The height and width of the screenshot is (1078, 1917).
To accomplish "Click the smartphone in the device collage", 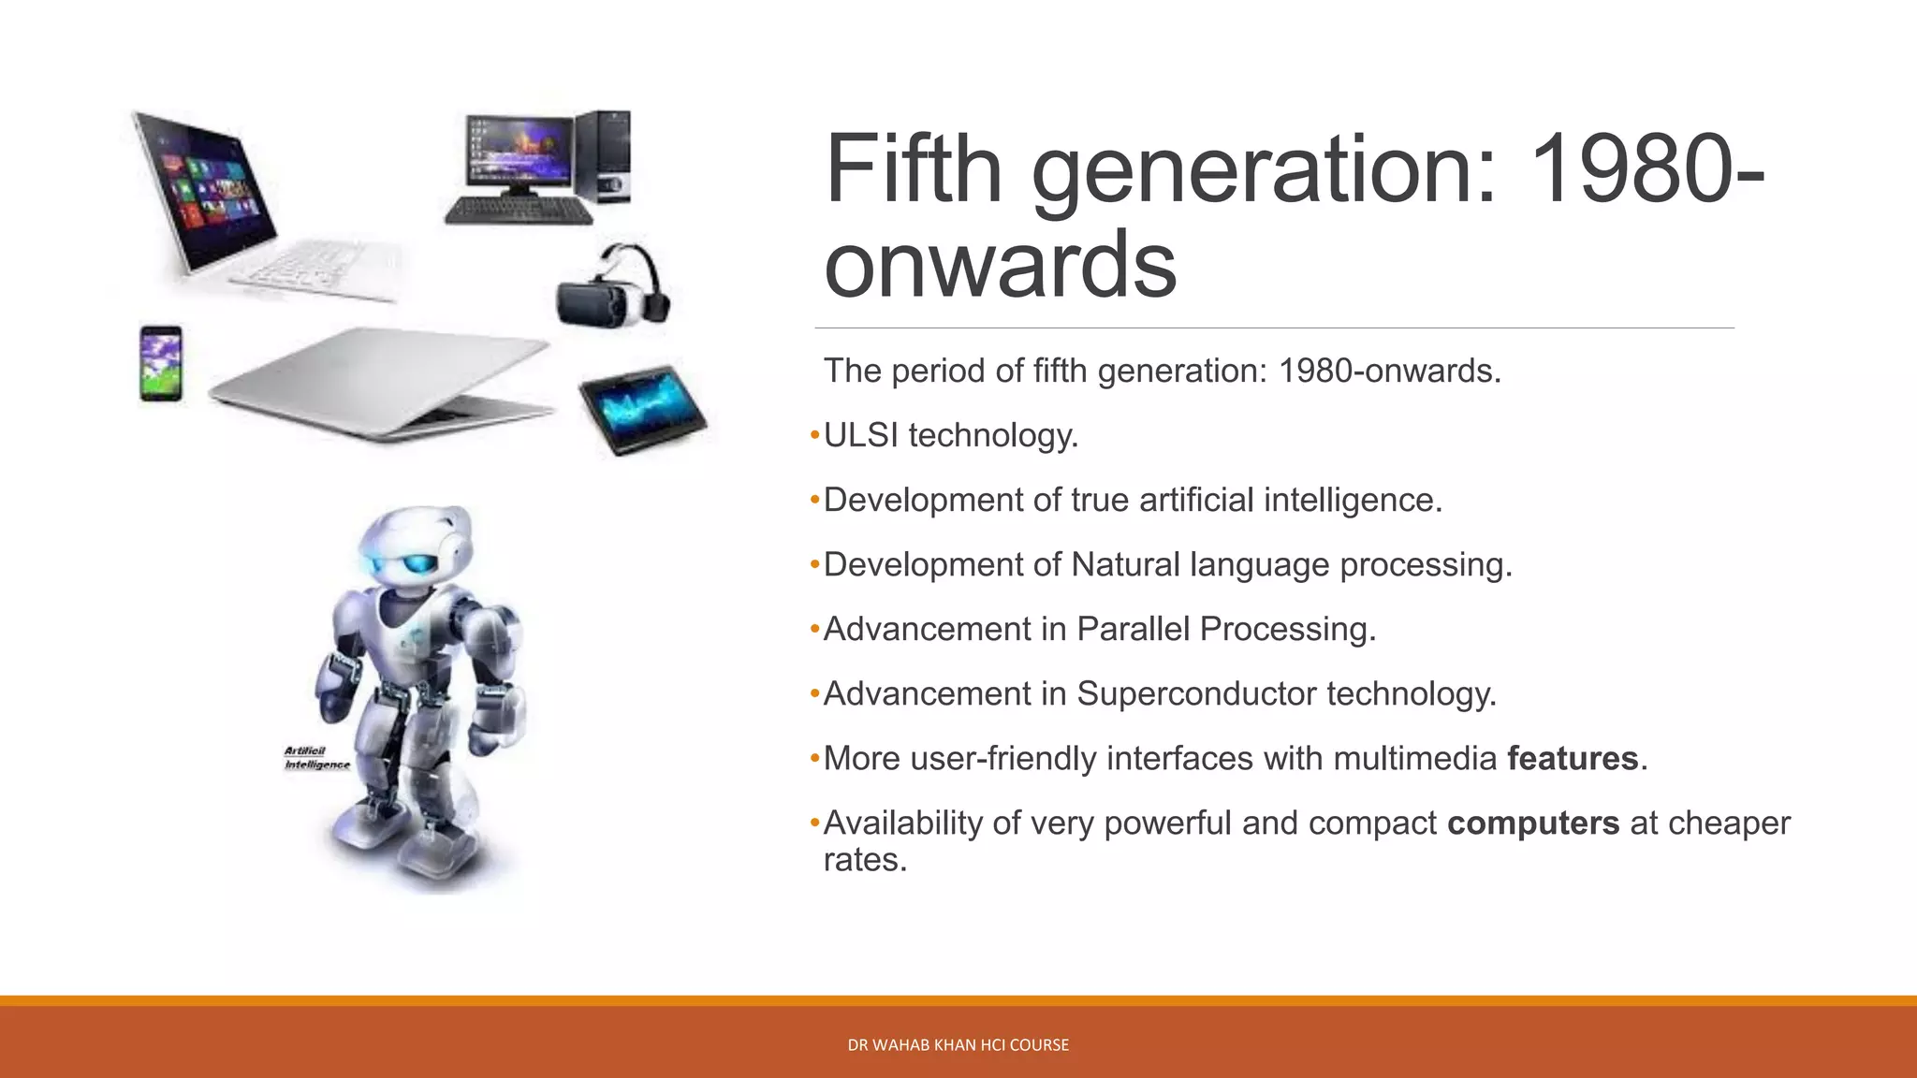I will [161, 363].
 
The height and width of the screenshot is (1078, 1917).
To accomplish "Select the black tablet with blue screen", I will [643, 410].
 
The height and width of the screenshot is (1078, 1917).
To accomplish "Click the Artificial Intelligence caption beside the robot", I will [316, 758].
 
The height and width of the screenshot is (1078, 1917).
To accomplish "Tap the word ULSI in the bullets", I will [861, 435].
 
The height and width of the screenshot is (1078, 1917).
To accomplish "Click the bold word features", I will [1573, 758].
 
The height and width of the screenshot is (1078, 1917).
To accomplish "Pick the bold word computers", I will [1533, 823].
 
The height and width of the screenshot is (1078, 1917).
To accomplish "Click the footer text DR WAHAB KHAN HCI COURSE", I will [958, 1044].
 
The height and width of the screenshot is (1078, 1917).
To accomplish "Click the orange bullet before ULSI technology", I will [814, 435].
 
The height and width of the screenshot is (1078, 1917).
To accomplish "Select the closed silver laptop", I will [379, 384].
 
